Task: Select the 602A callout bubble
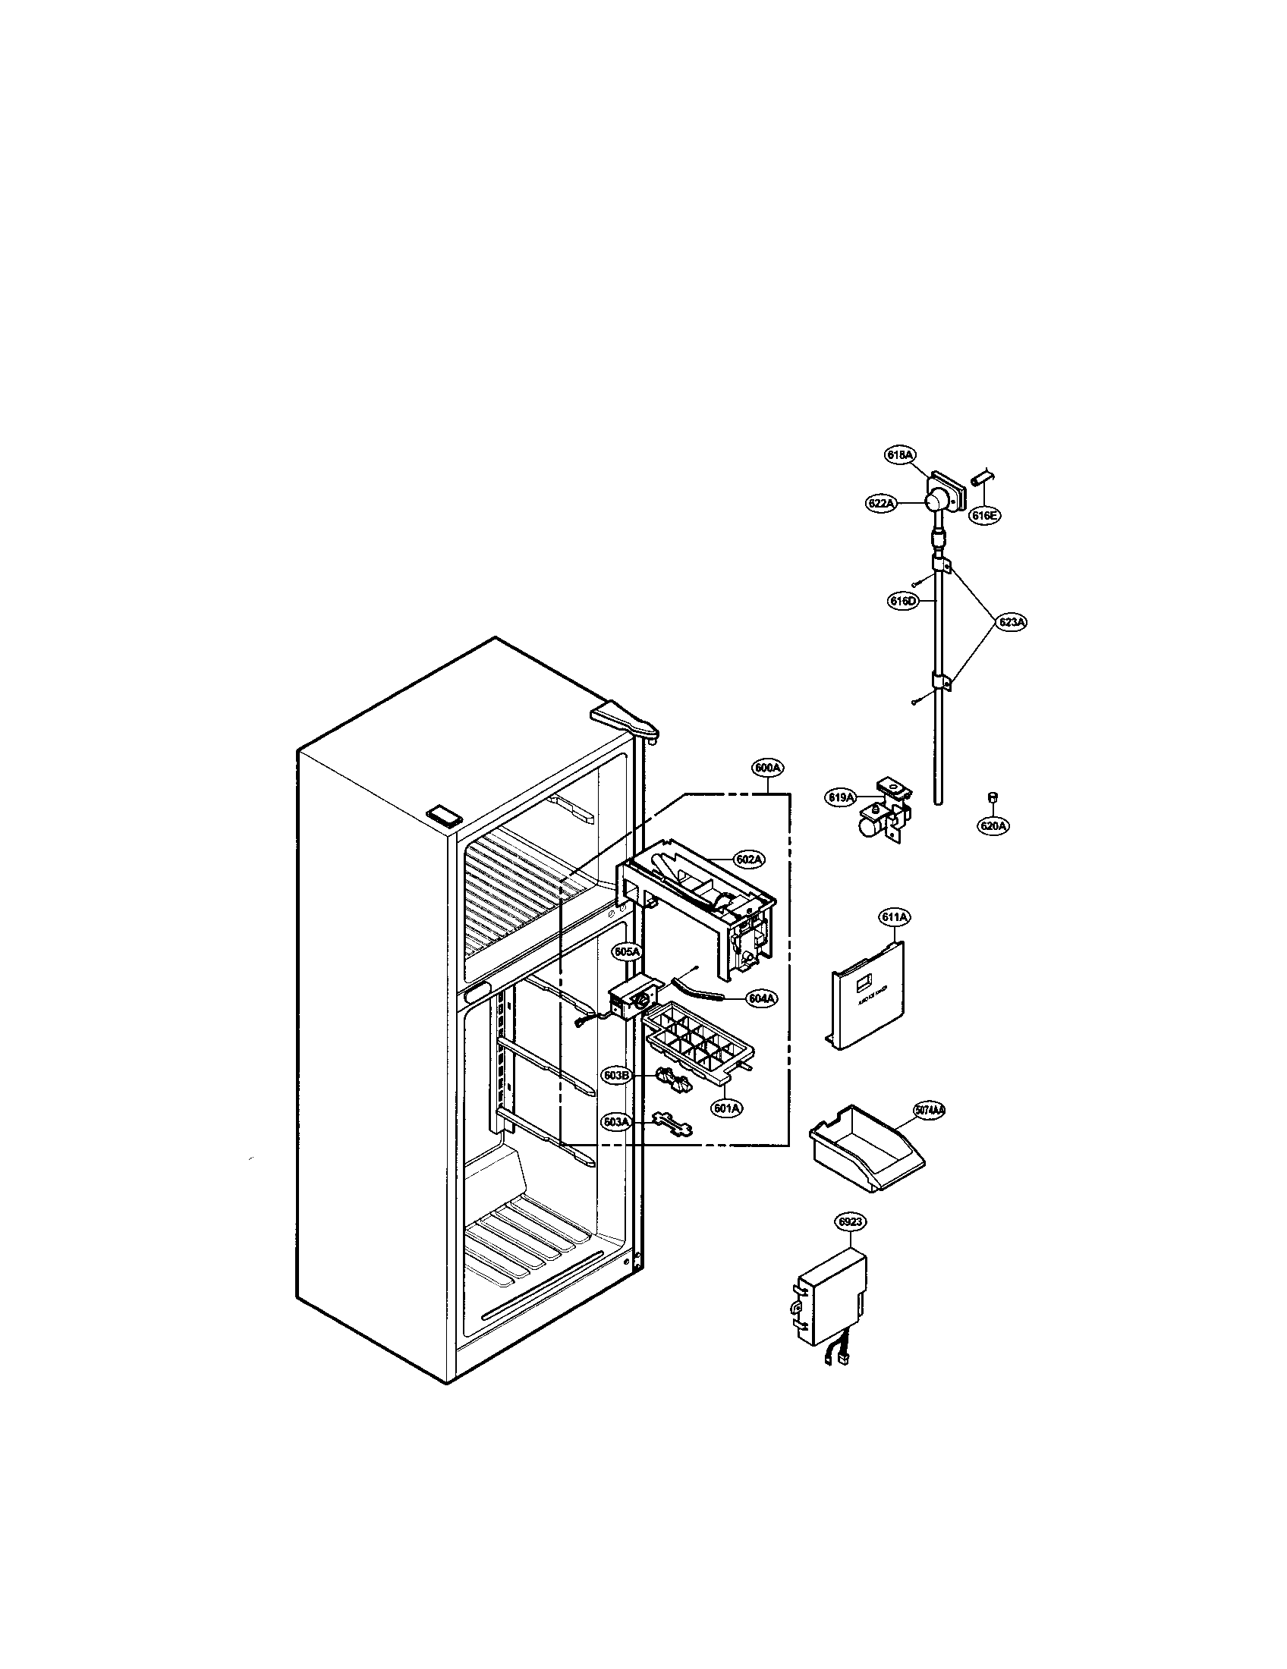pyautogui.click(x=748, y=860)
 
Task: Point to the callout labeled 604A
pyautogui.click(x=762, y=998)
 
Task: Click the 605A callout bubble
pyautogui.click(x=627, y=951)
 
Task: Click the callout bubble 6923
pyautogui.click(x=851, y=1223)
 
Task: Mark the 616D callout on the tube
pyautogui.click(x=902, y=602)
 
